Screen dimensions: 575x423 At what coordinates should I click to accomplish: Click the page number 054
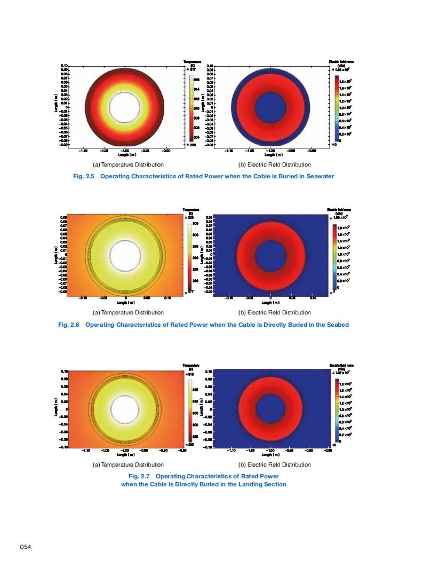[25, 547]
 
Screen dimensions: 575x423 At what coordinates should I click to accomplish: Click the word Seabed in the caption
[337, 324]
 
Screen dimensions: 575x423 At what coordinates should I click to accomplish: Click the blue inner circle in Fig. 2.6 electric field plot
[270, 255]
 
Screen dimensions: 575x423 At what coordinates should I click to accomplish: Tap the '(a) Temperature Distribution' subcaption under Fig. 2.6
[128, 312]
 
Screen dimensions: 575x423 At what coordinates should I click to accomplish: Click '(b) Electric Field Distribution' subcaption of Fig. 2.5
[274, 164]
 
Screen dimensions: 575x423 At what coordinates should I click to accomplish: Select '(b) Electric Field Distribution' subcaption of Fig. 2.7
[274, 464]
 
